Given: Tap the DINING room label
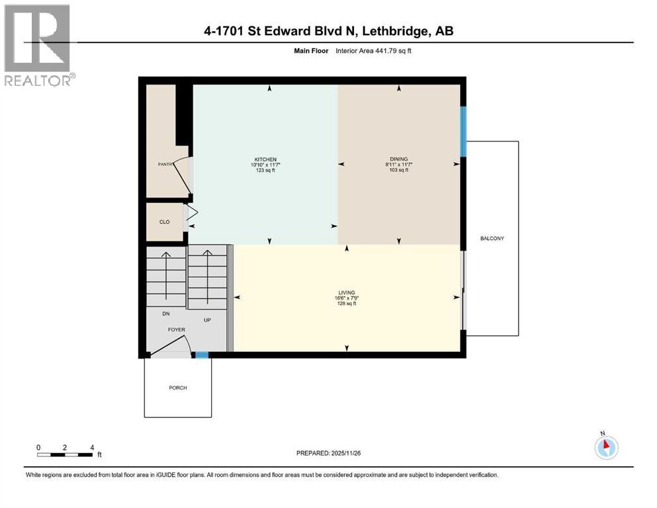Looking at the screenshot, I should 398,159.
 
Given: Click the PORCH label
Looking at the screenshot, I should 177,388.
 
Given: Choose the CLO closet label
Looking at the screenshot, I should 164,222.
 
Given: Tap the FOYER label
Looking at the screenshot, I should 176,329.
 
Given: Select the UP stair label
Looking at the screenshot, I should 206,319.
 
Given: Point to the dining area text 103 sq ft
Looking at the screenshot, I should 398,171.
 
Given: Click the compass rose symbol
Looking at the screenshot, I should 606,447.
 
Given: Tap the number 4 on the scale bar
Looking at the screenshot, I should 91,448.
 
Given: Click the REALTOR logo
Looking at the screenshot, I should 38,45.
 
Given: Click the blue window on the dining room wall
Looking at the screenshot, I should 464,132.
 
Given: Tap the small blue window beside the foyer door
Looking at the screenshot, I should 202,355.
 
